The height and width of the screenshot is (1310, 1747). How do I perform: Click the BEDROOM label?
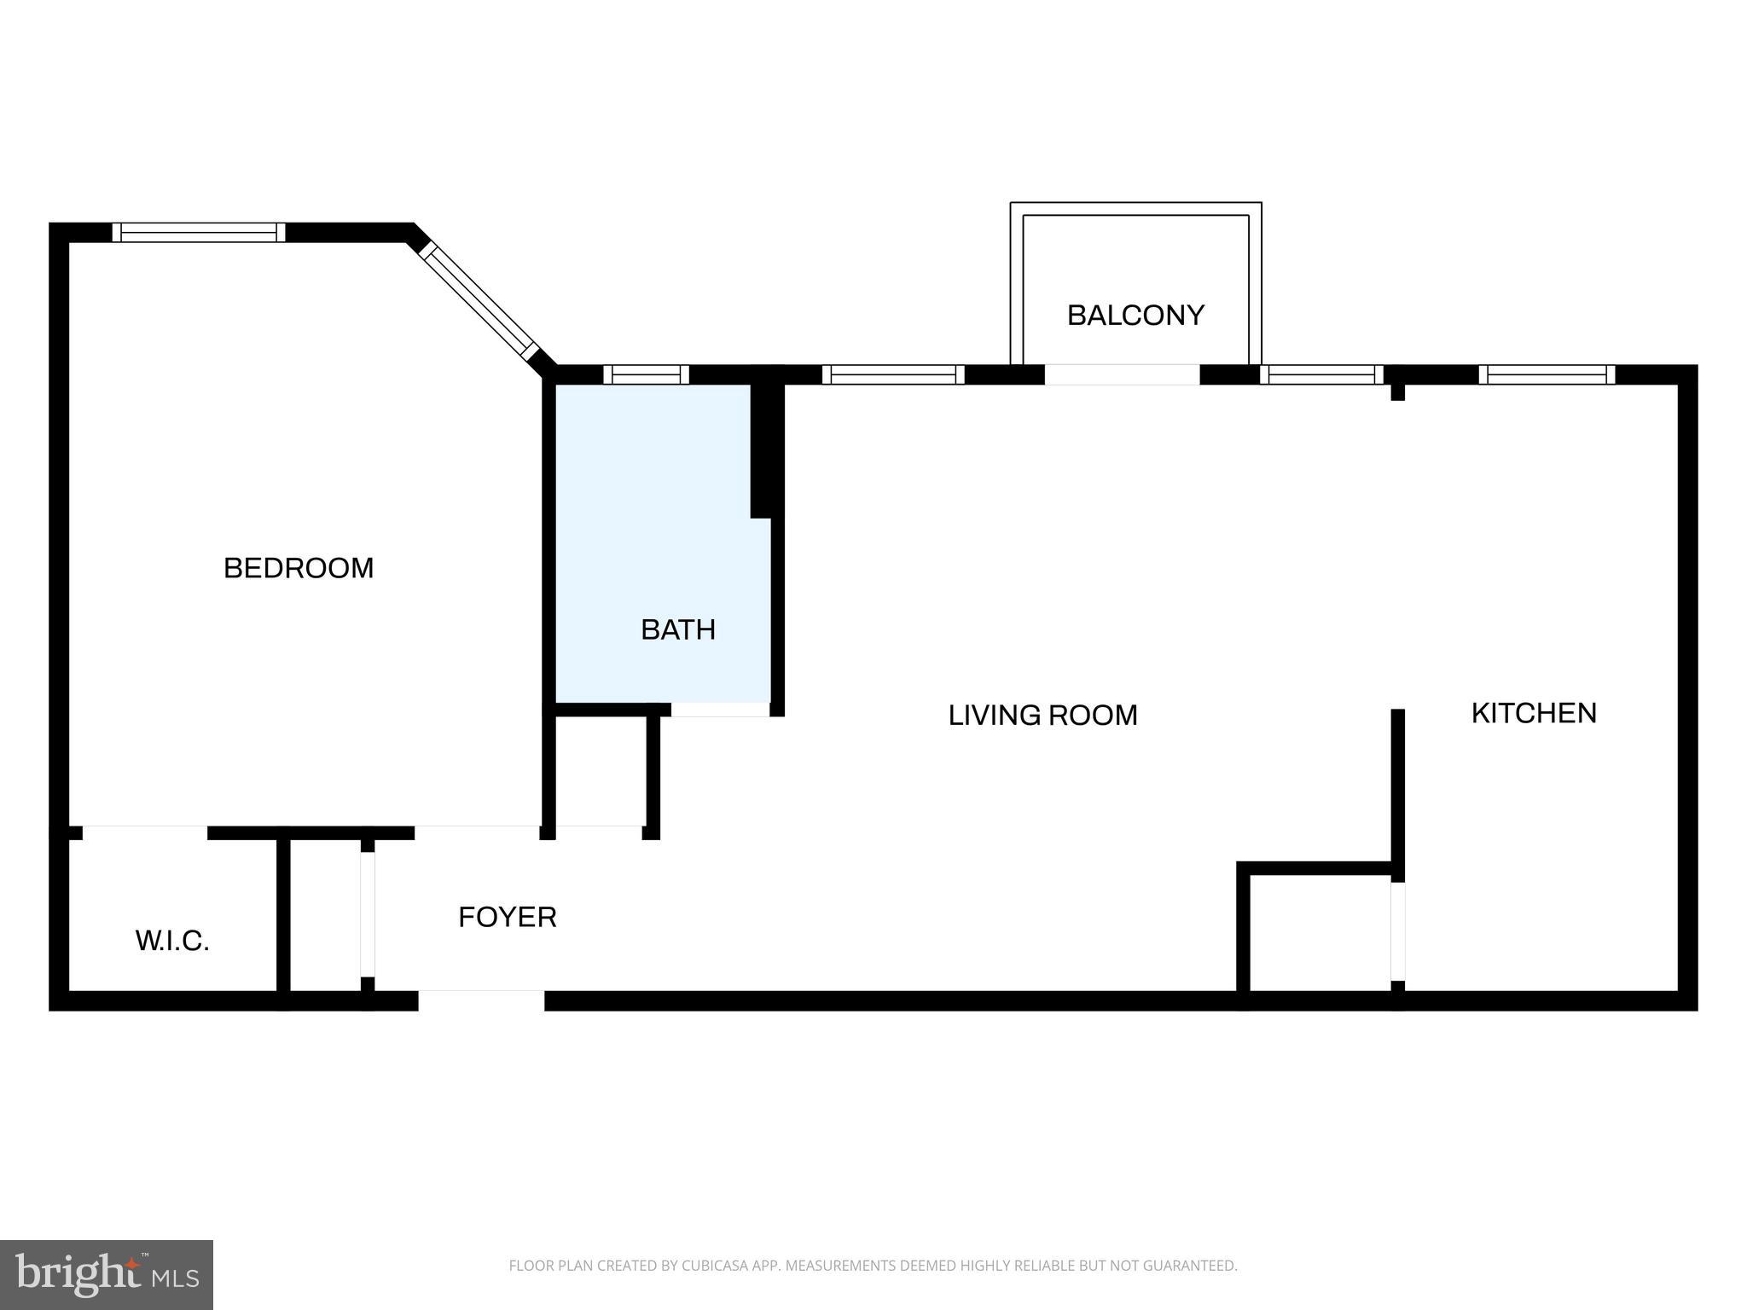coord(299,568)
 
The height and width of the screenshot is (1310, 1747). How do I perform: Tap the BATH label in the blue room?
coord(677,630)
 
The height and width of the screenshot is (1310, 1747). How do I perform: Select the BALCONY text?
coord(1135,316)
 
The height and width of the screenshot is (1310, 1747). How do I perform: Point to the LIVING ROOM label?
coord(1042,716)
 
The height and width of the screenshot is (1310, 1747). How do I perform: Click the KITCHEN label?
coord(1533,713)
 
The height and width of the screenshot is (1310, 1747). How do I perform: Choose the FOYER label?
coord(507,918)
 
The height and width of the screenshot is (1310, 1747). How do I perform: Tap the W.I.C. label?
coord(172,942)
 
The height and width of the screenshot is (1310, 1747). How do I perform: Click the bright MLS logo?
coord(106,1274)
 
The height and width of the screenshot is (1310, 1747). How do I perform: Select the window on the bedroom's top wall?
coord(199,232)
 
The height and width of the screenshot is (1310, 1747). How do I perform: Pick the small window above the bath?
coord(646,374)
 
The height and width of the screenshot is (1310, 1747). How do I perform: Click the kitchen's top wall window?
coord(1546,374)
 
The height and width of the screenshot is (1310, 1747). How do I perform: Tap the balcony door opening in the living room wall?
coord(1122,374)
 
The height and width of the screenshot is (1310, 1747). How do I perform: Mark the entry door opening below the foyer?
coord(481,1000)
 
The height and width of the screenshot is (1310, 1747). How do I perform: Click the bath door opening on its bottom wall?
coord(720,710)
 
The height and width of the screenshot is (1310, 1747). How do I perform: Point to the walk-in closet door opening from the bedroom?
coord(145,832)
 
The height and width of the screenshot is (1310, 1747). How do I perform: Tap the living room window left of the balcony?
coord(892,374)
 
